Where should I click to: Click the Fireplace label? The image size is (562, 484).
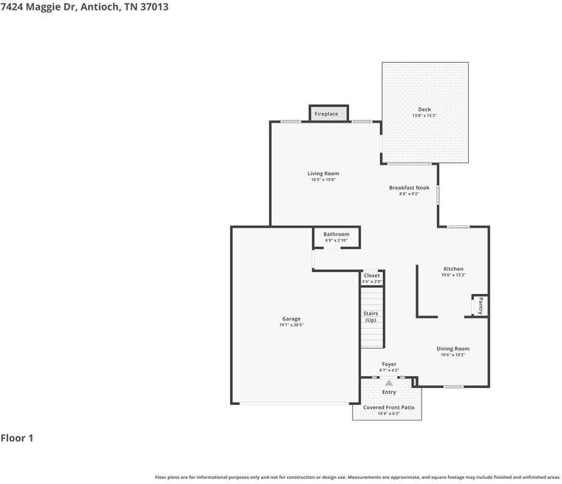click(326, 114)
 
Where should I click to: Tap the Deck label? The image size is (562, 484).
click(424, 109)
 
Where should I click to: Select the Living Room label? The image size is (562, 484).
click(323, 174)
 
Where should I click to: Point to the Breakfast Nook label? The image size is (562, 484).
click(409, 188)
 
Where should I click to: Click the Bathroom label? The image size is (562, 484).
click(336, 234)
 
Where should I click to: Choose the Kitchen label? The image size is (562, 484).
click(453, 269)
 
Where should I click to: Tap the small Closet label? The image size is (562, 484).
click(371, 276)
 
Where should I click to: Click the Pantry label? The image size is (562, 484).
click(480, 306)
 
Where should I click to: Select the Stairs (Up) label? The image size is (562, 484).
click(370, 317)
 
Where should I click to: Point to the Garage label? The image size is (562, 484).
click(291, 318)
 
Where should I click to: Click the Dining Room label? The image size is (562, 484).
click(453, 349)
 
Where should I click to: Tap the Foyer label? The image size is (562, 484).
click(389, 364)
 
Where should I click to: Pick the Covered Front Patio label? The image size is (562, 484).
click(388, 407)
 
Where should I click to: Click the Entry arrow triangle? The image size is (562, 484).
click(389, 383)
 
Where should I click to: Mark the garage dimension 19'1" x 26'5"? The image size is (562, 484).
click(291, 325)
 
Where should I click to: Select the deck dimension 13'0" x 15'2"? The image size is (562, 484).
click(424, 116)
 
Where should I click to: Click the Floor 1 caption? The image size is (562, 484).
click(17, 438)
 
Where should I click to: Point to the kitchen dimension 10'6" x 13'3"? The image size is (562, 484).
click(453, 275)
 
